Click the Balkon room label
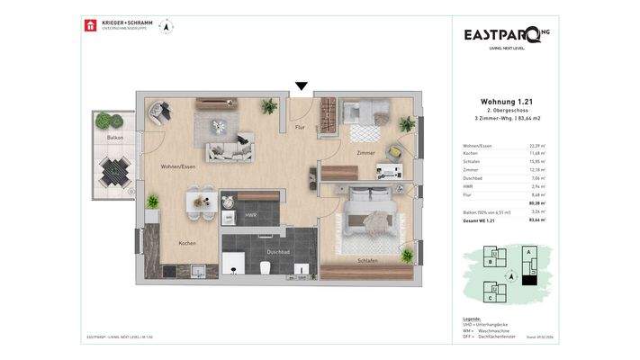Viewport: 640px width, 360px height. [x=114, y=138]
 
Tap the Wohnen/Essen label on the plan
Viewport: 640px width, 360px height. [x=177, y=166]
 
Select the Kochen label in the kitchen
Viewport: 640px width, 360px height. [x=186, y=243]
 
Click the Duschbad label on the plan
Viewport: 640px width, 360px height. [x=278, y=252]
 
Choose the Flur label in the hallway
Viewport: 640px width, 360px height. [x=300, y=129]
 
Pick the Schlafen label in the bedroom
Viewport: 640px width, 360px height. [x=366, y=260]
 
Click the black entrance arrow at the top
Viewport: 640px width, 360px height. [x=302, y=86]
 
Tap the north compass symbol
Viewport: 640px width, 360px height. [x=165, y=26]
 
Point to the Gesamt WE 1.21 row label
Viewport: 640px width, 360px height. [x=480, y=219]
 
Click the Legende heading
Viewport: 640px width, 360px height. [x=472, y=318]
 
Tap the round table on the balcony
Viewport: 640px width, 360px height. [x=114, y=169]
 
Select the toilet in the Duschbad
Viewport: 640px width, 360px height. [x=262, y=267]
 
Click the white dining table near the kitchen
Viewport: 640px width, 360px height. [x=201, y=202]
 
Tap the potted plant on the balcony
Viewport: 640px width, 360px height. [x=105, y=120]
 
